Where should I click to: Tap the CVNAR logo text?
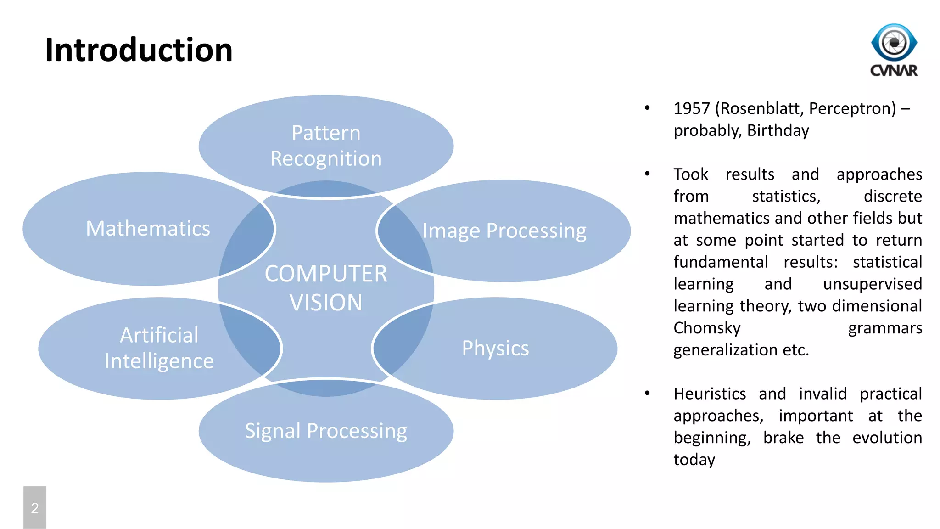tap(894, 71)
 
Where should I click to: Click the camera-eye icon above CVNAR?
tap(894, 42)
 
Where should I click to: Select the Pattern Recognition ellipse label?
tap(326, 146)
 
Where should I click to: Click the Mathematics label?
tap(148, 229)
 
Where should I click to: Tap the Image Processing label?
tap(504, 231)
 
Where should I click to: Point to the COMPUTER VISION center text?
tap(326, 288)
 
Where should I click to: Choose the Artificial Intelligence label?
tap(159, 348)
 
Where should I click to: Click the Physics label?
tap(495, 348)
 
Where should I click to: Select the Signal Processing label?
tap(326, 431)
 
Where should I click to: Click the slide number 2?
tap(35, 508)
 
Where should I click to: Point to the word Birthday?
tap(778, 130)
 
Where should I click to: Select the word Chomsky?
tap(707, 328)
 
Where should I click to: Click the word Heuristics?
tap(710, 394)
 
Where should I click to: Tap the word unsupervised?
tap(872, 284)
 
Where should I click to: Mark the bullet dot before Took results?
tap(647, 174)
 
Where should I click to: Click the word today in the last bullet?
tap(694, 460)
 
